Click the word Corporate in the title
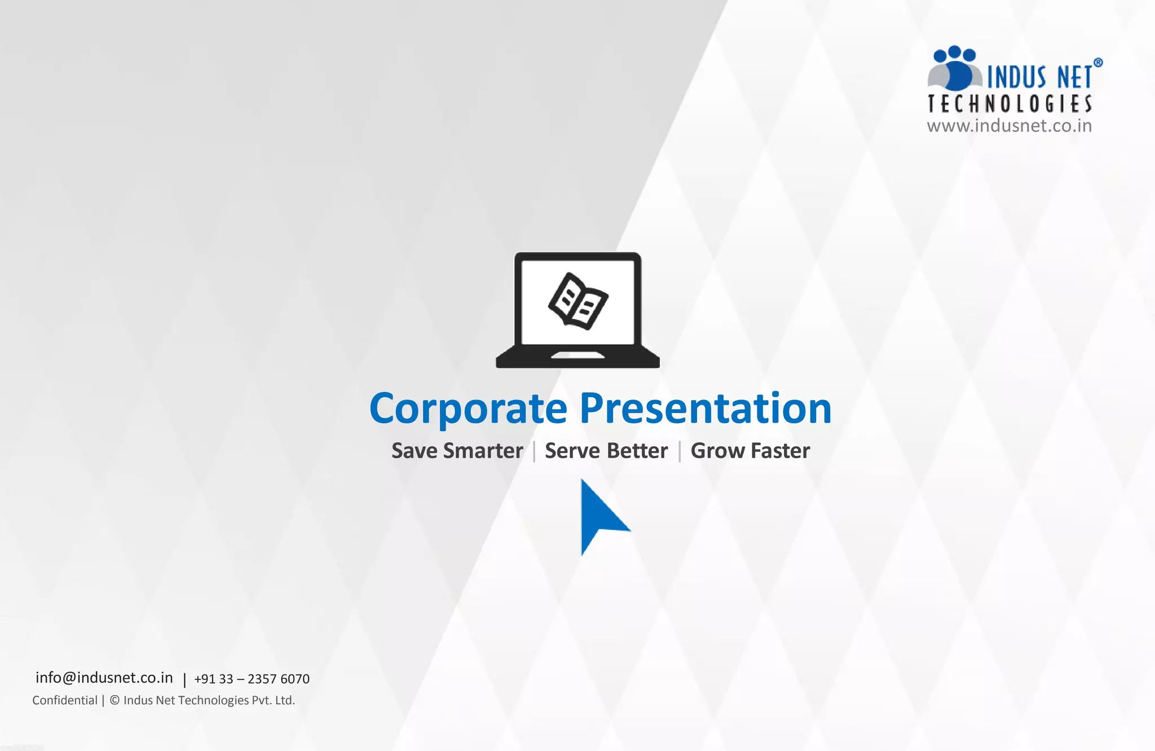tap(468, 409)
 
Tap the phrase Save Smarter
tap(457, 451)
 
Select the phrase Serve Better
tap(606, 451)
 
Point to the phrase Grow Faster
tap(750, 451)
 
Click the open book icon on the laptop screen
tap(578, 301)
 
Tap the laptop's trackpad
tap(577, 355)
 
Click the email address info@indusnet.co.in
tap(104, 678)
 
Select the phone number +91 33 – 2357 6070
tap(252, 679)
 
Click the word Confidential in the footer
tap(65, 700)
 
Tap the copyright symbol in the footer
tap(114, 700)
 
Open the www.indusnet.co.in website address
tap(1009, 125)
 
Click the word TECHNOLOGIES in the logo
tap(1009, 104)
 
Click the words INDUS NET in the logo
tap(1039, 77)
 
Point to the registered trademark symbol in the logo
tap(1097, 63)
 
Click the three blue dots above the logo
tap(954, 54)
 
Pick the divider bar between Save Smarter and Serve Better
tap(534, 451)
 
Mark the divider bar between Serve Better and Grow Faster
tap(680, 451)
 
